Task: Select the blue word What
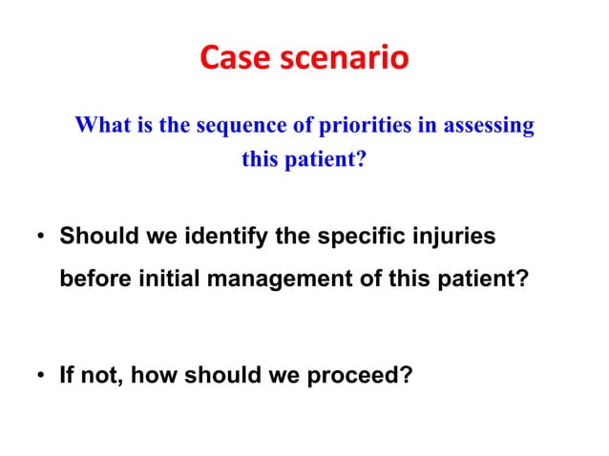click(101, 126)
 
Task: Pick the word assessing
click(487, 126)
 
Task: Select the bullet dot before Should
click(41, 236)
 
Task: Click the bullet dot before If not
click(41, 376)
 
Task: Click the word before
click(91, 281)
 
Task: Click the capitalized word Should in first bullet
click(94, 235)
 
